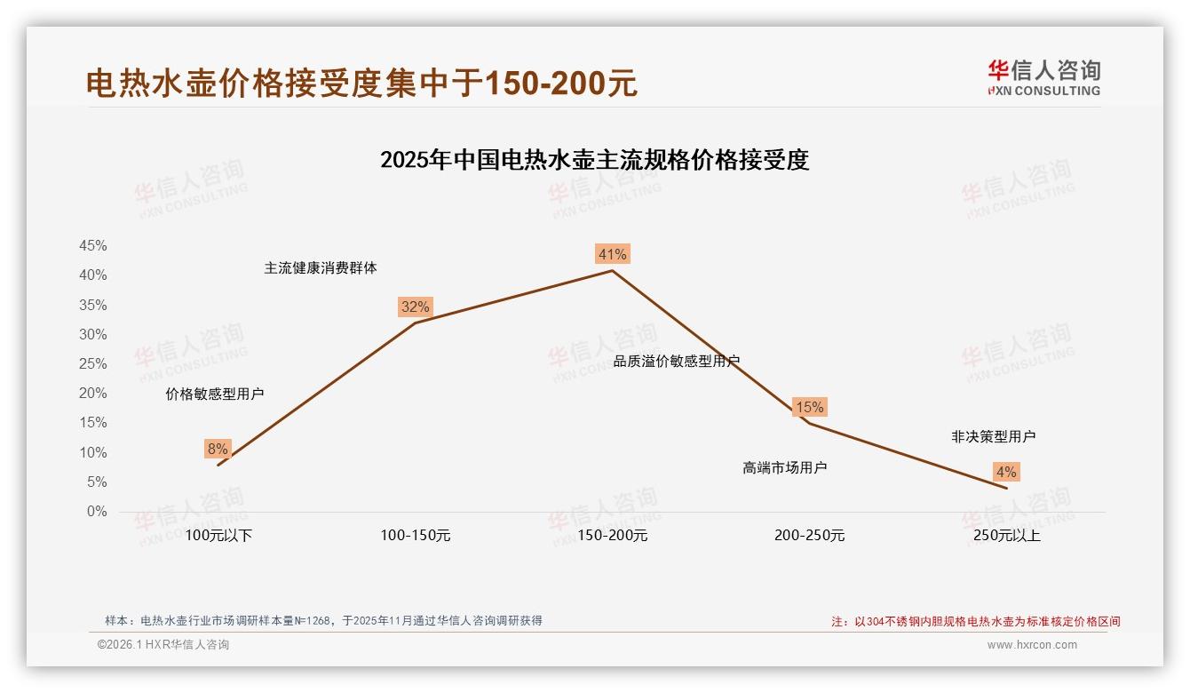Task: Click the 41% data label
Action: click(612, 255)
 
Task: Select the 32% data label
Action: click(415, 307)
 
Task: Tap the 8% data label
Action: click(218, 450)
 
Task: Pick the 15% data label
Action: click(809, 408)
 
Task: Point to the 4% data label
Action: click(1006, 473)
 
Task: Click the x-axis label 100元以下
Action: click(218, 536)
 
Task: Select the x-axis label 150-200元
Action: click(613, 536)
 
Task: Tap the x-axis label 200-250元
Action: click(809, 536)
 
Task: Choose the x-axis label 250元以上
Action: click(1006, 536)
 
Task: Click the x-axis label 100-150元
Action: click(416, 536)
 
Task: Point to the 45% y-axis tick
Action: click(93, 246)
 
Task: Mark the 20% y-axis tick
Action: click(93, 394)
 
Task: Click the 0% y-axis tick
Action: click(97, 512)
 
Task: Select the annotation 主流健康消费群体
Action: click(321, 268)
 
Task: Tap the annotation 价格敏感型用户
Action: click(215, 394)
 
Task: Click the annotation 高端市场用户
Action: click(785, 467)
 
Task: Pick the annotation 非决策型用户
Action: click(993, 437)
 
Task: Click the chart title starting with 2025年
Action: click(594, 161)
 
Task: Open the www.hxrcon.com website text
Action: click(1032, 645)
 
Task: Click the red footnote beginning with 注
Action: click(976, 622)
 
